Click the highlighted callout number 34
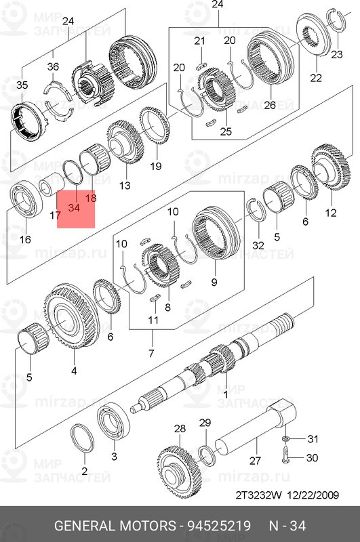(x=74, y=209)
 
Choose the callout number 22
(x=315, y=77)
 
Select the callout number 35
(x=22, y=85)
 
